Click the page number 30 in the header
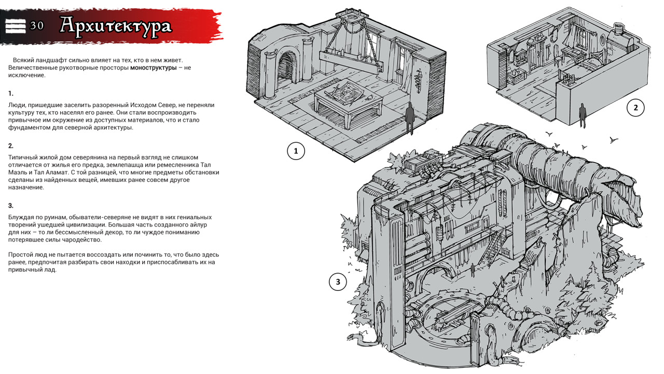coord(37,26)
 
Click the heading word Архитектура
coord(116,26)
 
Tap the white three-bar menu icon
coord(16,26)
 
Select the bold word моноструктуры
coord(153,68)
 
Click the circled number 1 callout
coord(296,151)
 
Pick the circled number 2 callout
coord(635,108)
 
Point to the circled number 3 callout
coord(338,282)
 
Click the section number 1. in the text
coord(11,94)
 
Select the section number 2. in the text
coord(11,146)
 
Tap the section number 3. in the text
coord(11,206)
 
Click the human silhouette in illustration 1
coord(410,118)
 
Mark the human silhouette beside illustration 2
coord(582,115)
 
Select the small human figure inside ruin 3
coord(473,270)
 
